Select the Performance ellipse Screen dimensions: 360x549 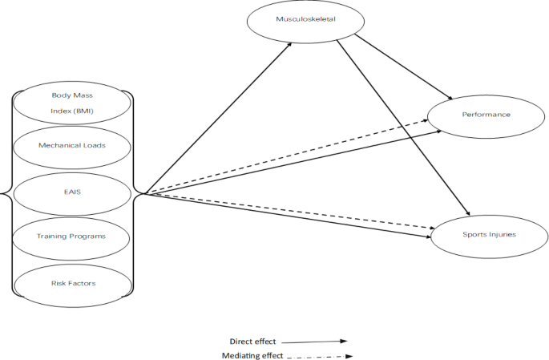coord(485,115)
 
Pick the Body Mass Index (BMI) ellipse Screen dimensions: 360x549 coord(72,102)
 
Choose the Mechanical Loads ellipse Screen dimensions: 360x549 coord(72,146)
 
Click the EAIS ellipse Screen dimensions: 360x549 coord(72,191)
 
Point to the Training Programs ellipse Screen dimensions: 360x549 coord(72,236)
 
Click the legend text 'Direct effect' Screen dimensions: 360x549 coord(255,340)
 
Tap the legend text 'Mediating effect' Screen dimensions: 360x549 coord(252,354)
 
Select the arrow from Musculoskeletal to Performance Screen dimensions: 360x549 coord(393,67)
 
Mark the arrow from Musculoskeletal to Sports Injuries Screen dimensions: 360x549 coord(405,128)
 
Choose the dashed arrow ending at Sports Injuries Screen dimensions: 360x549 coord(289,211)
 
